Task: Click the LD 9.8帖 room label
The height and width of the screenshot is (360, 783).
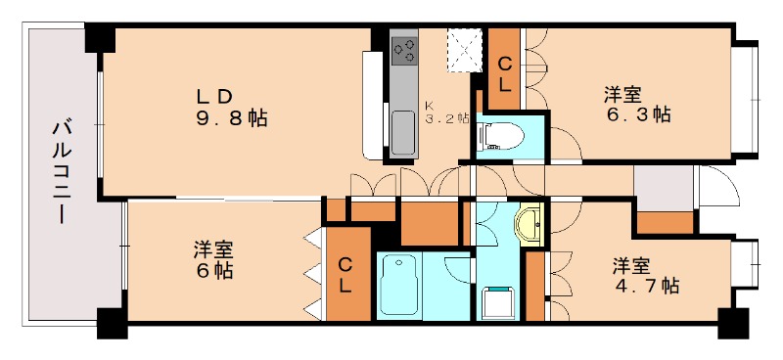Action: coord(230,109)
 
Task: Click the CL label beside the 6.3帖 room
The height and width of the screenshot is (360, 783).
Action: coord(505,74)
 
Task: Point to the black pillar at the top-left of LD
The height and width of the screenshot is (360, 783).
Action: coord(100,40)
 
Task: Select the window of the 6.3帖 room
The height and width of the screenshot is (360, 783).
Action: coord(746,97)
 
